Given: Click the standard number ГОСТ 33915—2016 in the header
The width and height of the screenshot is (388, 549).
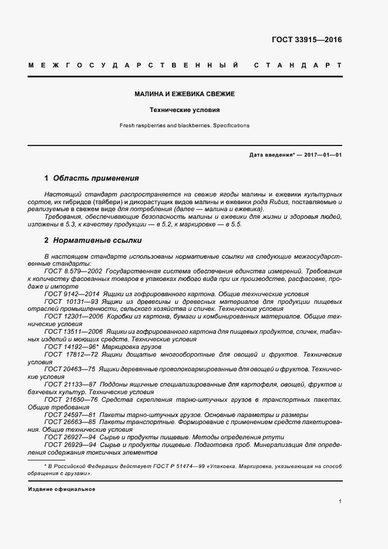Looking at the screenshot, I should [x=306, y=40].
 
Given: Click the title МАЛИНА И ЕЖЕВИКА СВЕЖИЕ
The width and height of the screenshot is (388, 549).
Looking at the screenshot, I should [x=184, y=94].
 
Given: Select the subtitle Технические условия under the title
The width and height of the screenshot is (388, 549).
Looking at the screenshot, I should [x=184, y=110].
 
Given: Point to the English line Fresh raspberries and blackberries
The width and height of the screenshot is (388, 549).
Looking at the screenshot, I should [x=184, y=126].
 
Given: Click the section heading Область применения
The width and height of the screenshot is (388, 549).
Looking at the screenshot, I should [x=96, y=178].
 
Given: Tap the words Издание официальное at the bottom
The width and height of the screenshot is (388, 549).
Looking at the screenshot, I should [x=61, y=489].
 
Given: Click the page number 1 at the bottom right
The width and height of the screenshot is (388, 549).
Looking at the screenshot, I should [x=340, y=501].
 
